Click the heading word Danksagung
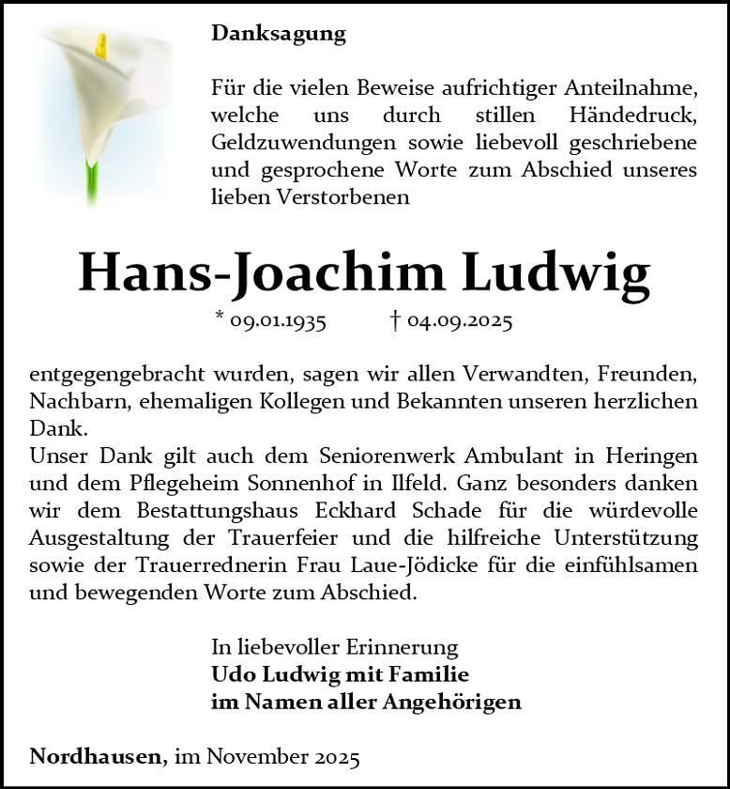pyautogui.click(x=279, y=34)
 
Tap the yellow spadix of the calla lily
pyautogui.click(x=101, y=50)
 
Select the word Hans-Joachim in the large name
pyautogui.click(x=260, y=272)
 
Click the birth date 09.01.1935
pyautogui.click(x=278, y=321)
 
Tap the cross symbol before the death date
pyautogui.click(x=395, y=320)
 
